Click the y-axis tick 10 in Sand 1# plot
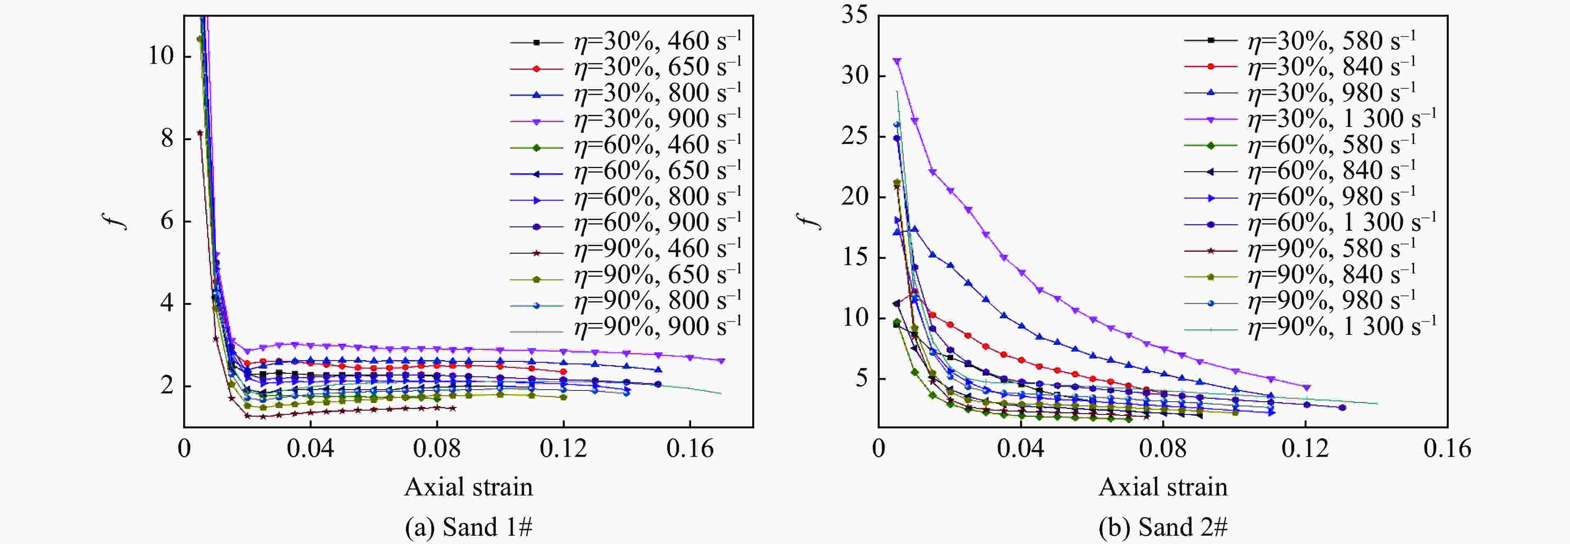(161, 56)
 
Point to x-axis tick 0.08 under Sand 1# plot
(437, 449)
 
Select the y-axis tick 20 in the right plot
(854, 197)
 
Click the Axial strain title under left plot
(468, 487)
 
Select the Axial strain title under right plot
(1163, 487)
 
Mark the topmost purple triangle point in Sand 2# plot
(897, 61)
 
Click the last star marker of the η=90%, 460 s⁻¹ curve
(452, 408)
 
